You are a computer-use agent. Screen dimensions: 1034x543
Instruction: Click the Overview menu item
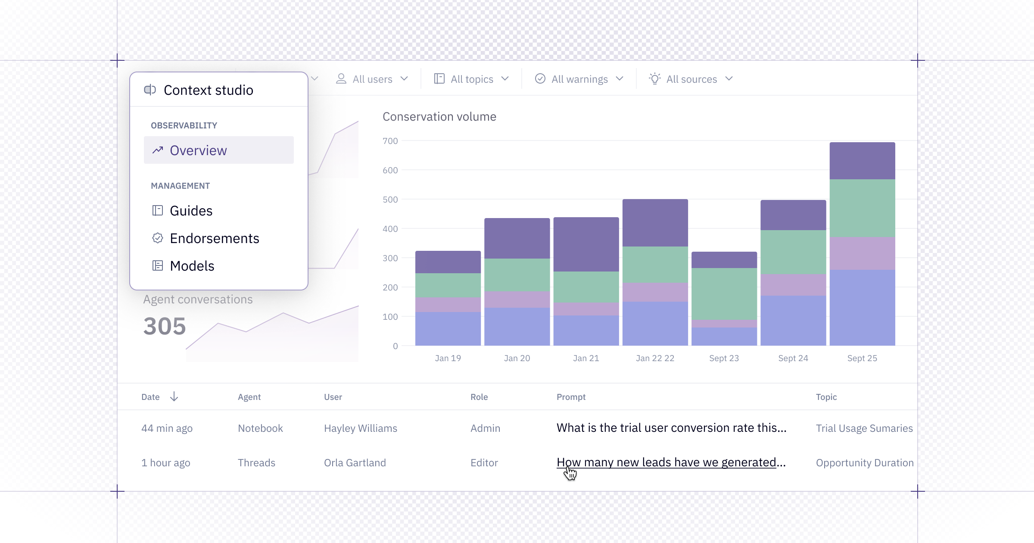[218, 150]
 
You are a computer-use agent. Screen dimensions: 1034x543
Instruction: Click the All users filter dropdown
[372, 79]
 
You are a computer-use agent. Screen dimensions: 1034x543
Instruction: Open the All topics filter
[471, 79]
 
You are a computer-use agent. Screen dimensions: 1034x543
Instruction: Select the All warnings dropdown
[579, 79]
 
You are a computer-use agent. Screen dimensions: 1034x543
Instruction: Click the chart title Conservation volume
[439, 116]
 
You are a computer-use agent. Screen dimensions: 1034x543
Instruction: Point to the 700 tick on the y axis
[390, 141]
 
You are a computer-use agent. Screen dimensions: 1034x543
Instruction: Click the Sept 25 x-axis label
[862, 358]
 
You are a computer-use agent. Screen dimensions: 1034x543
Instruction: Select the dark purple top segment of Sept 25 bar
[863, 161]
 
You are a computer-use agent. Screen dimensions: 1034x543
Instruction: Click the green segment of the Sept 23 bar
[724, 294]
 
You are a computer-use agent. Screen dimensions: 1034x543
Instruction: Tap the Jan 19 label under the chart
[448, 358]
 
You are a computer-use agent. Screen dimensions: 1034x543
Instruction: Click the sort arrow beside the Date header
[174, 396]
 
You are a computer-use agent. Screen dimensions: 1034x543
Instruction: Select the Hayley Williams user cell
[361, 428]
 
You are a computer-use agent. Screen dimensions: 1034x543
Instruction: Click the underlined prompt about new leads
[671, 462]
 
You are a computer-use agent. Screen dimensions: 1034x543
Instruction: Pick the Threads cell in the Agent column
[256, 462]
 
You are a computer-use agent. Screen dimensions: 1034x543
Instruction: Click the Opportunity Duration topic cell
[865, 462]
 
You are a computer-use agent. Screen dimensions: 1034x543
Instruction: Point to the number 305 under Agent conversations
[165, 326]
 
